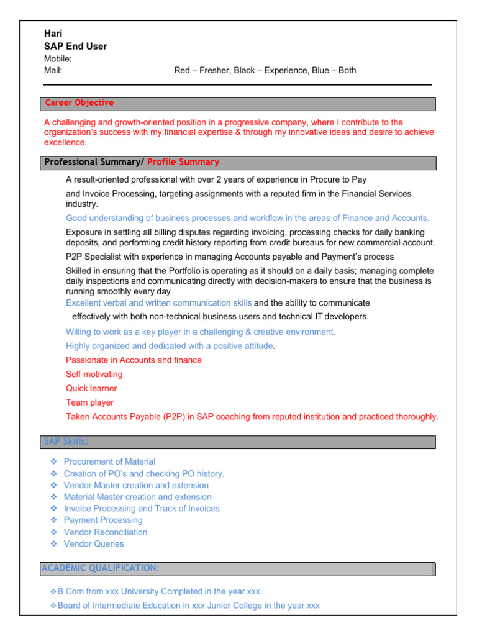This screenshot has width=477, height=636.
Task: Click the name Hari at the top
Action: click(x=53, y=34)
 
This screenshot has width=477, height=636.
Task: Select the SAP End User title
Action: click(x=75, y=46)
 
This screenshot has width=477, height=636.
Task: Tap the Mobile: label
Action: click(x=58, y=58)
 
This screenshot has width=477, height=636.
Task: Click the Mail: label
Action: click(x=53, y=70)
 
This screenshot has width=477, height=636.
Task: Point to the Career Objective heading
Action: click(x=79, y=103)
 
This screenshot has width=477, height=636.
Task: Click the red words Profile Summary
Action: click(x=183, y=162)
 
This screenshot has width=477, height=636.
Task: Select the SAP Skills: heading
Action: click(x=66, y=442)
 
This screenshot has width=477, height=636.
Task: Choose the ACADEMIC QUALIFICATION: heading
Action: click(x=100, y=568)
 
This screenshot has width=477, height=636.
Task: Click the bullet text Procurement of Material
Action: click(x=109, y=461)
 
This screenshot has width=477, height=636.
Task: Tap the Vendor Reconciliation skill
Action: click(x=106, y=532)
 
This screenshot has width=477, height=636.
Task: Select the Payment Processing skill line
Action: click(x=103, y=520)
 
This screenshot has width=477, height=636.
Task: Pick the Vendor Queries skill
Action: click(x=94, y=544)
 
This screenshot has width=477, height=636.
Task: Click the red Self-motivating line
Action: click(x=94, y=374)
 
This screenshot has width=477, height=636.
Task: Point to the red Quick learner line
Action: click(x=91, y=388)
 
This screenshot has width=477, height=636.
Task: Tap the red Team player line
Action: click(x=89, y=402)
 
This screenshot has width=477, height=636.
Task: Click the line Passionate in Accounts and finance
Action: click(x=134, y=360)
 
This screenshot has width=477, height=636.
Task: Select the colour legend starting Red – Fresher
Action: click(x=265, y=70)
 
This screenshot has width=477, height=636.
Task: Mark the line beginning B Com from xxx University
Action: click(x=160, y=591)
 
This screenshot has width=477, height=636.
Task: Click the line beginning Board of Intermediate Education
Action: click(x=188, y=605)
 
